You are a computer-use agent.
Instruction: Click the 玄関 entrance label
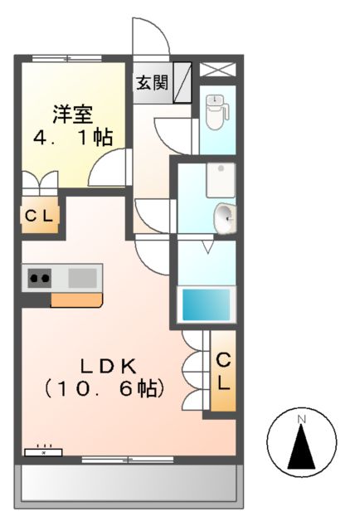click(153, 83)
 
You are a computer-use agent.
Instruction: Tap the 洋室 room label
click(72, 112)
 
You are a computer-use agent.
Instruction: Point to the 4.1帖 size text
click(72, 138)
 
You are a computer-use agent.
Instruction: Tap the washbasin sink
click(224, 218)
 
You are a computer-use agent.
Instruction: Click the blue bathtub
click(207, 304)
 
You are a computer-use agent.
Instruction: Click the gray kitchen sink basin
click(82, 277)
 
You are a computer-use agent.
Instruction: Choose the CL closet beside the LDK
click(222, 372)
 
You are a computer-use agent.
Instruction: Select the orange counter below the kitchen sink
click(76, 299)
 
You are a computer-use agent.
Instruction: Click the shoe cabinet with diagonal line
click(182, 82)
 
